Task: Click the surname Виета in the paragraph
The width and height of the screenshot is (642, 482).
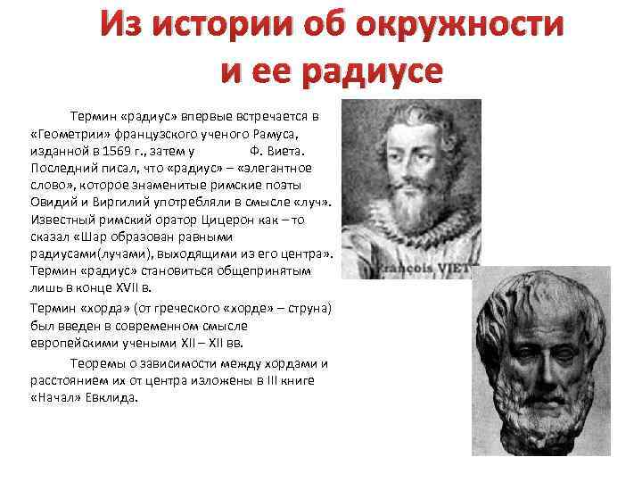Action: click(x=287, y=150)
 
